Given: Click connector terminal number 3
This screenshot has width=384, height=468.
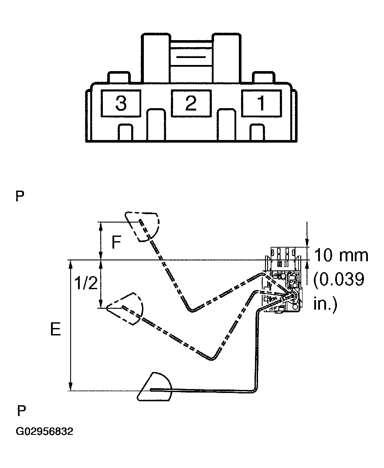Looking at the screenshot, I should point(121,104).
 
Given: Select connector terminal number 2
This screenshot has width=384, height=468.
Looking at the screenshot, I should point(191,103).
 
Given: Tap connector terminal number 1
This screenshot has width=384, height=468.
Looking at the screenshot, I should point(261,103).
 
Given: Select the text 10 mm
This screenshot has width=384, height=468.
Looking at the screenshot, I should point(341,255).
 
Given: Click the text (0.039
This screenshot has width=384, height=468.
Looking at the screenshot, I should point(339,279).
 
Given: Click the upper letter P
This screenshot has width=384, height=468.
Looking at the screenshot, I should point(20,196).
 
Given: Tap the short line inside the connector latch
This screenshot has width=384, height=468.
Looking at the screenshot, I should point(191,57).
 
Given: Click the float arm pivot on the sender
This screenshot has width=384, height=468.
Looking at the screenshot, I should point(292,296).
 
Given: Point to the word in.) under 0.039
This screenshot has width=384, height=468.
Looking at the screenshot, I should point(325,303).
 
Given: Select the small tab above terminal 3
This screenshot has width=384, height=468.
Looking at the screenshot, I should point(119,77).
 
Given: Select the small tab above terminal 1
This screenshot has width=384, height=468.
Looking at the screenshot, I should point(264,77).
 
